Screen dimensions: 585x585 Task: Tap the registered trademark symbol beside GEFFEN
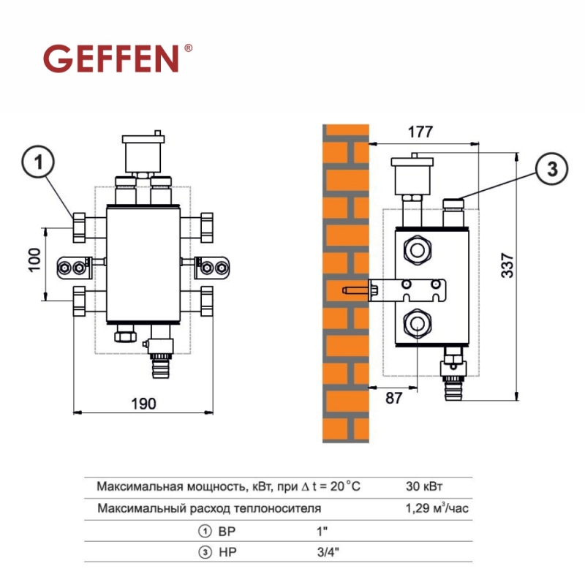tap(189, 48)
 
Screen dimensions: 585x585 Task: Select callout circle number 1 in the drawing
tap(38, 162)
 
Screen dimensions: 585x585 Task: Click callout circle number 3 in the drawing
tap(552, 169)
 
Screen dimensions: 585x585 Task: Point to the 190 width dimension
tap(143, 404)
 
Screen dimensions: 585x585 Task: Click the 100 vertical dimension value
tap(34, 260)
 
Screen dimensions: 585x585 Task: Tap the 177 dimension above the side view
tap(420, 132)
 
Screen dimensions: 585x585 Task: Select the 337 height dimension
tap(507, 265)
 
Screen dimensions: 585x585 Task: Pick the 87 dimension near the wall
tap(394, 398)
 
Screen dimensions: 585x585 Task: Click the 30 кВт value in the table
tap(424, 486)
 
